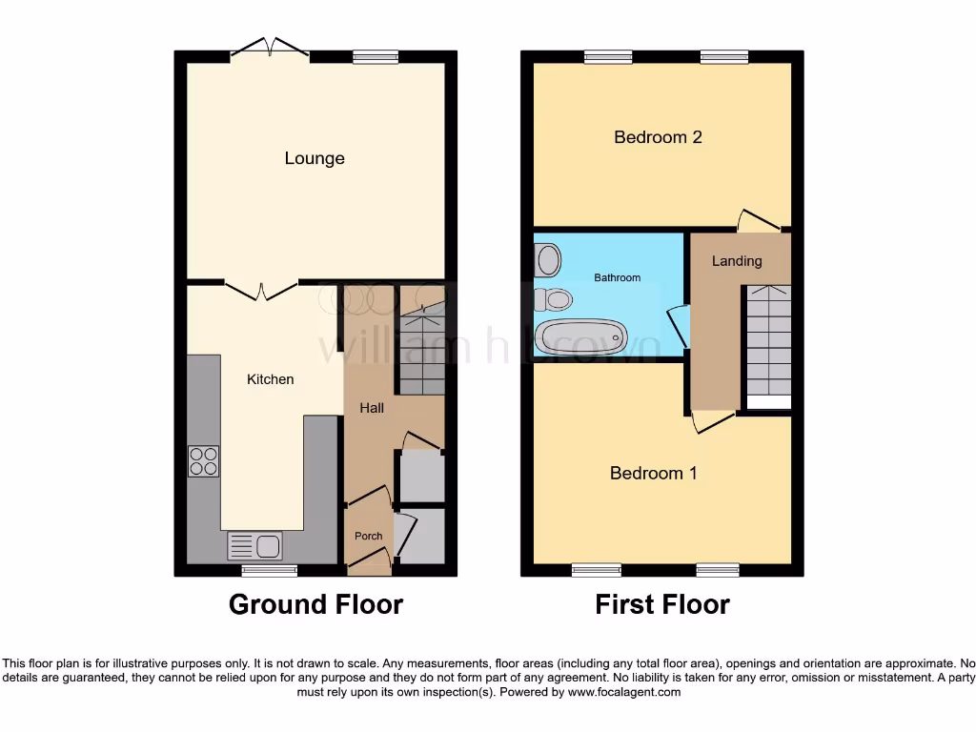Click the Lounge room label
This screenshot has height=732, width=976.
315,158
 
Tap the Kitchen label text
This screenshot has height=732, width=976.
271,379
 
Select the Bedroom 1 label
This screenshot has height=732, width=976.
653,473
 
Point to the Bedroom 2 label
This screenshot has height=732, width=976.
658,137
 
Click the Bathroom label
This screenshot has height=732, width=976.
618,277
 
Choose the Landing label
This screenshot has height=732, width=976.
737,261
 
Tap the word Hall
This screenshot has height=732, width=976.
372,408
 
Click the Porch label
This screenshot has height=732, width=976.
369,536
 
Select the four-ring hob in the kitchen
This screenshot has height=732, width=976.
203,461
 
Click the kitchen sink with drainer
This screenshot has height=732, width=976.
254,546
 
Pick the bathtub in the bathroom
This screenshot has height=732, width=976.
580,336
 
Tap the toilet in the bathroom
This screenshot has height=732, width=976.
552,300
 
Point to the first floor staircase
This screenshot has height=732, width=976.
767,343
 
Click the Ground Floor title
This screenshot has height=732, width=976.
315,604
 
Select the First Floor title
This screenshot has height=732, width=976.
662,604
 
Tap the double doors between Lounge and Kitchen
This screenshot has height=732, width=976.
262,288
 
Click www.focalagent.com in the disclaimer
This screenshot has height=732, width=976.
624,692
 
